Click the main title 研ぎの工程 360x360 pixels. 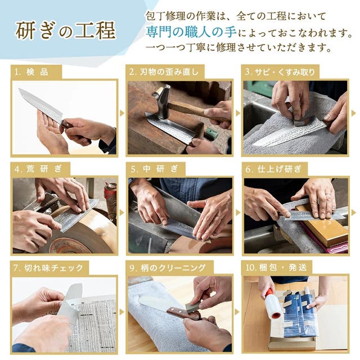65,31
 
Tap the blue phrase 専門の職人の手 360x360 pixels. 191,32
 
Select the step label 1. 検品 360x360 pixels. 31,72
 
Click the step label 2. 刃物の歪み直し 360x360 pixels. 164,72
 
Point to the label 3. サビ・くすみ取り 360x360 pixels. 280,72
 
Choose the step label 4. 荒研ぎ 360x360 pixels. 38,169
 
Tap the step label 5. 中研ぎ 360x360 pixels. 154,169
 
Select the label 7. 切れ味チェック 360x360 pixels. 48,268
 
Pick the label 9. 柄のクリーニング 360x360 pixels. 168,268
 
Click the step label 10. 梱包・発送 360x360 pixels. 276,268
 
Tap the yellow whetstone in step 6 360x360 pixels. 321,225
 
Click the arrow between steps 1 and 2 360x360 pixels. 122,113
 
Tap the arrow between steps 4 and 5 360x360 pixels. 122,213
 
